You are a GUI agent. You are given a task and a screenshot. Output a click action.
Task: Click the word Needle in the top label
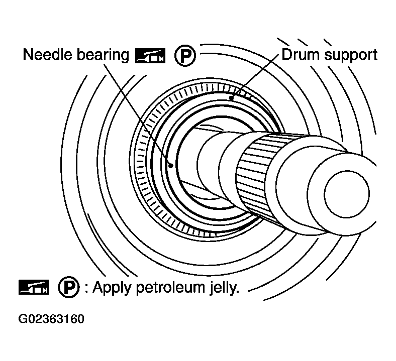click(47, 55)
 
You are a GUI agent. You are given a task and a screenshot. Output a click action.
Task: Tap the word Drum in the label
click(298, 54)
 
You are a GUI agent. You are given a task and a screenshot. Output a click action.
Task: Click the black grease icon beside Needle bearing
click(150, 56)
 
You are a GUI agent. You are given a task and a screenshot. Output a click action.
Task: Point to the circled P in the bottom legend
click(68, 287)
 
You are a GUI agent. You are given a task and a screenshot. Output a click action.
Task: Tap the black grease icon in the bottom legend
click(33, 287)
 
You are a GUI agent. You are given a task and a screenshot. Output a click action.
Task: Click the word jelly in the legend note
click(220, 288)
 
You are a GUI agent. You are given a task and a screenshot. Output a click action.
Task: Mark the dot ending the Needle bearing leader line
click(171, 165)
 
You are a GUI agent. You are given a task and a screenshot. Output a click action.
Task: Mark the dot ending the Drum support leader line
click(231, 98)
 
